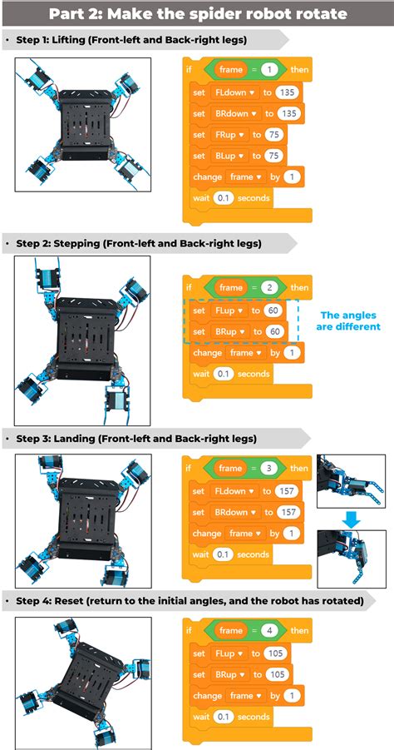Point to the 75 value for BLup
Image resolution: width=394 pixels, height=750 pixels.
click(274, 156)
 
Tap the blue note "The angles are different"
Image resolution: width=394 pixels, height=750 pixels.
click(348, 320)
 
